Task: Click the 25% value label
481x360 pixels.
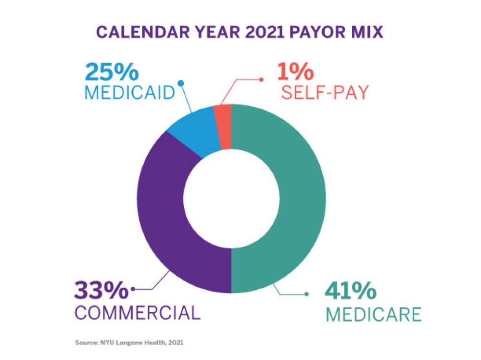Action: point(111,72)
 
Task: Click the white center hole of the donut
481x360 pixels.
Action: point(231,199)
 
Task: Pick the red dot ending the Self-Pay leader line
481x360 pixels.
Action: point(261,79)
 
